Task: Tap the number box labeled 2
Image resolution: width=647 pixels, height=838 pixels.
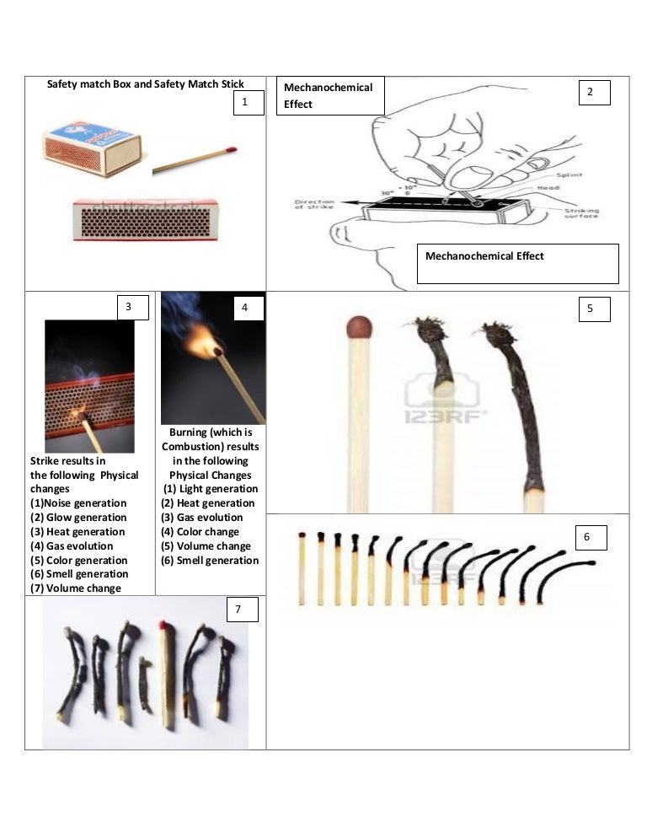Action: pos(593,92)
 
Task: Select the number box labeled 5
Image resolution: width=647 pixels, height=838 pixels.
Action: pos(593,309)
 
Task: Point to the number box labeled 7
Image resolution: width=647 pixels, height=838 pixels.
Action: pos(241,610)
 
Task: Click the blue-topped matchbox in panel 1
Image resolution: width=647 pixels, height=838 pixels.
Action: pos(91,145)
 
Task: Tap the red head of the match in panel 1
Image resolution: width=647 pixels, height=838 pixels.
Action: pos(232,149)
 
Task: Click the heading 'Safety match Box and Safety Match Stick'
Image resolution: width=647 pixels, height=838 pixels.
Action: pos(145,83)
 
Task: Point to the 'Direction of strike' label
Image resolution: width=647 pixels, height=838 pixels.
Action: pos(313,205)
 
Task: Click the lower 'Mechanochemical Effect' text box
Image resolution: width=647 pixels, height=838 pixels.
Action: pos(517,263)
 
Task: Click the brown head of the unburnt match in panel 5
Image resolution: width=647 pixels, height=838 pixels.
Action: pos(360,326)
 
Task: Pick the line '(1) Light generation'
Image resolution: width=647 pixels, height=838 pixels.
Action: pos(211,489)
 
